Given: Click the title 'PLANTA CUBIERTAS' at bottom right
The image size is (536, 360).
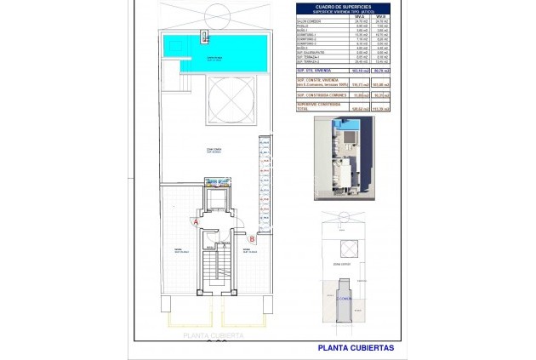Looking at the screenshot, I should pyautogui.click(x=356, y=347).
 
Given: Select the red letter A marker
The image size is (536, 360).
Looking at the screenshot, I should pyautogui.click(x=197, y=221).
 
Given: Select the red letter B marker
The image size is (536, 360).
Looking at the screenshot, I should pyautogui.click(x=252, y=239).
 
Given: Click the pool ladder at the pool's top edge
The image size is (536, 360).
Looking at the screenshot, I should pyautogui.click(x=205, y=36).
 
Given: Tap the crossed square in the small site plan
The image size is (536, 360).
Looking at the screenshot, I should pyautogui.click(x=348, y=247).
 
